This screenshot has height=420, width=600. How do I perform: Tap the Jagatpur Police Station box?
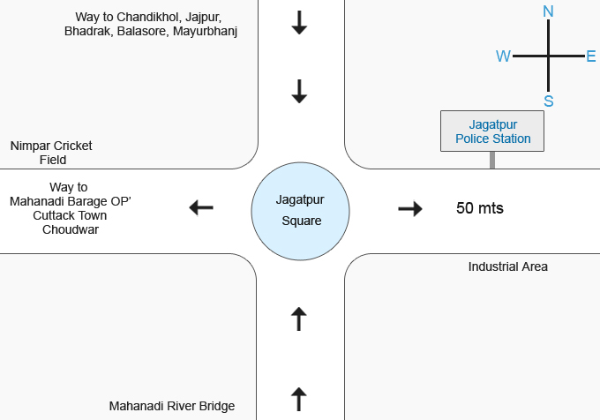[492, 131]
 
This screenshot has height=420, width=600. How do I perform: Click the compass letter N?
[548, 11]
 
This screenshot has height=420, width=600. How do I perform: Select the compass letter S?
[548, 101]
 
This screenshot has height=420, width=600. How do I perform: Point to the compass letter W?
[503, 56]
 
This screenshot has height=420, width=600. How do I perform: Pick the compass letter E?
[591, 56]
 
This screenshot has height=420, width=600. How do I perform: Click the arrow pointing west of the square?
[201, 208]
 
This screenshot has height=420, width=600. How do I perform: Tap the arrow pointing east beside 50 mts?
[410, 209]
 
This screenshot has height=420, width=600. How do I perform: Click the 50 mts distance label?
[479, 209]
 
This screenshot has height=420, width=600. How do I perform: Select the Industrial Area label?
[507, 266]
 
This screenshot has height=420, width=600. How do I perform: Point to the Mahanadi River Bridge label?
[172, 406]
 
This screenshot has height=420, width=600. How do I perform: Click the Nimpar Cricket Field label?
[52, 153]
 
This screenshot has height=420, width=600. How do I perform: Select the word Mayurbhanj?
[205, 31]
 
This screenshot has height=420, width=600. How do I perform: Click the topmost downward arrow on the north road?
[299, 24]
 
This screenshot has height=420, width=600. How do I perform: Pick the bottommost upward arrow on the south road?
[299, 399]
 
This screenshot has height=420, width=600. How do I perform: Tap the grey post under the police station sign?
[492, 160]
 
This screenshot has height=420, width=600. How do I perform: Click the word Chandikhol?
[148, 17]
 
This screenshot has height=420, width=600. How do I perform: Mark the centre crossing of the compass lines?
[548, 56]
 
